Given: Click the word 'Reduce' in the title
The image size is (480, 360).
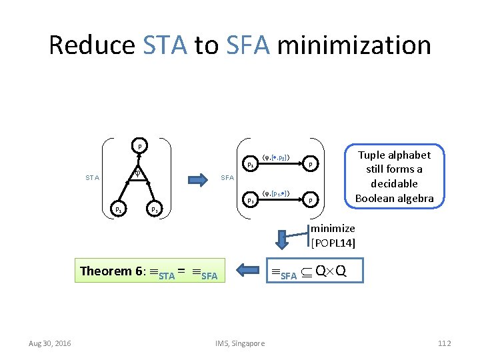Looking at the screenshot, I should click(92, 45).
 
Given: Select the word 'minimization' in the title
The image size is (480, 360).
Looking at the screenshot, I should click(354, 45).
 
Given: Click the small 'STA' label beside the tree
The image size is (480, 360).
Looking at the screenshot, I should click(93, 177).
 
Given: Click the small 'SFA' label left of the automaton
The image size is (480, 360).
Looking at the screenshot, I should click(227, 177).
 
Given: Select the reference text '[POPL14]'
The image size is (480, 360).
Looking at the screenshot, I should click(333, 243).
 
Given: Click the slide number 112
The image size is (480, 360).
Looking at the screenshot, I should click(445, 343).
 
